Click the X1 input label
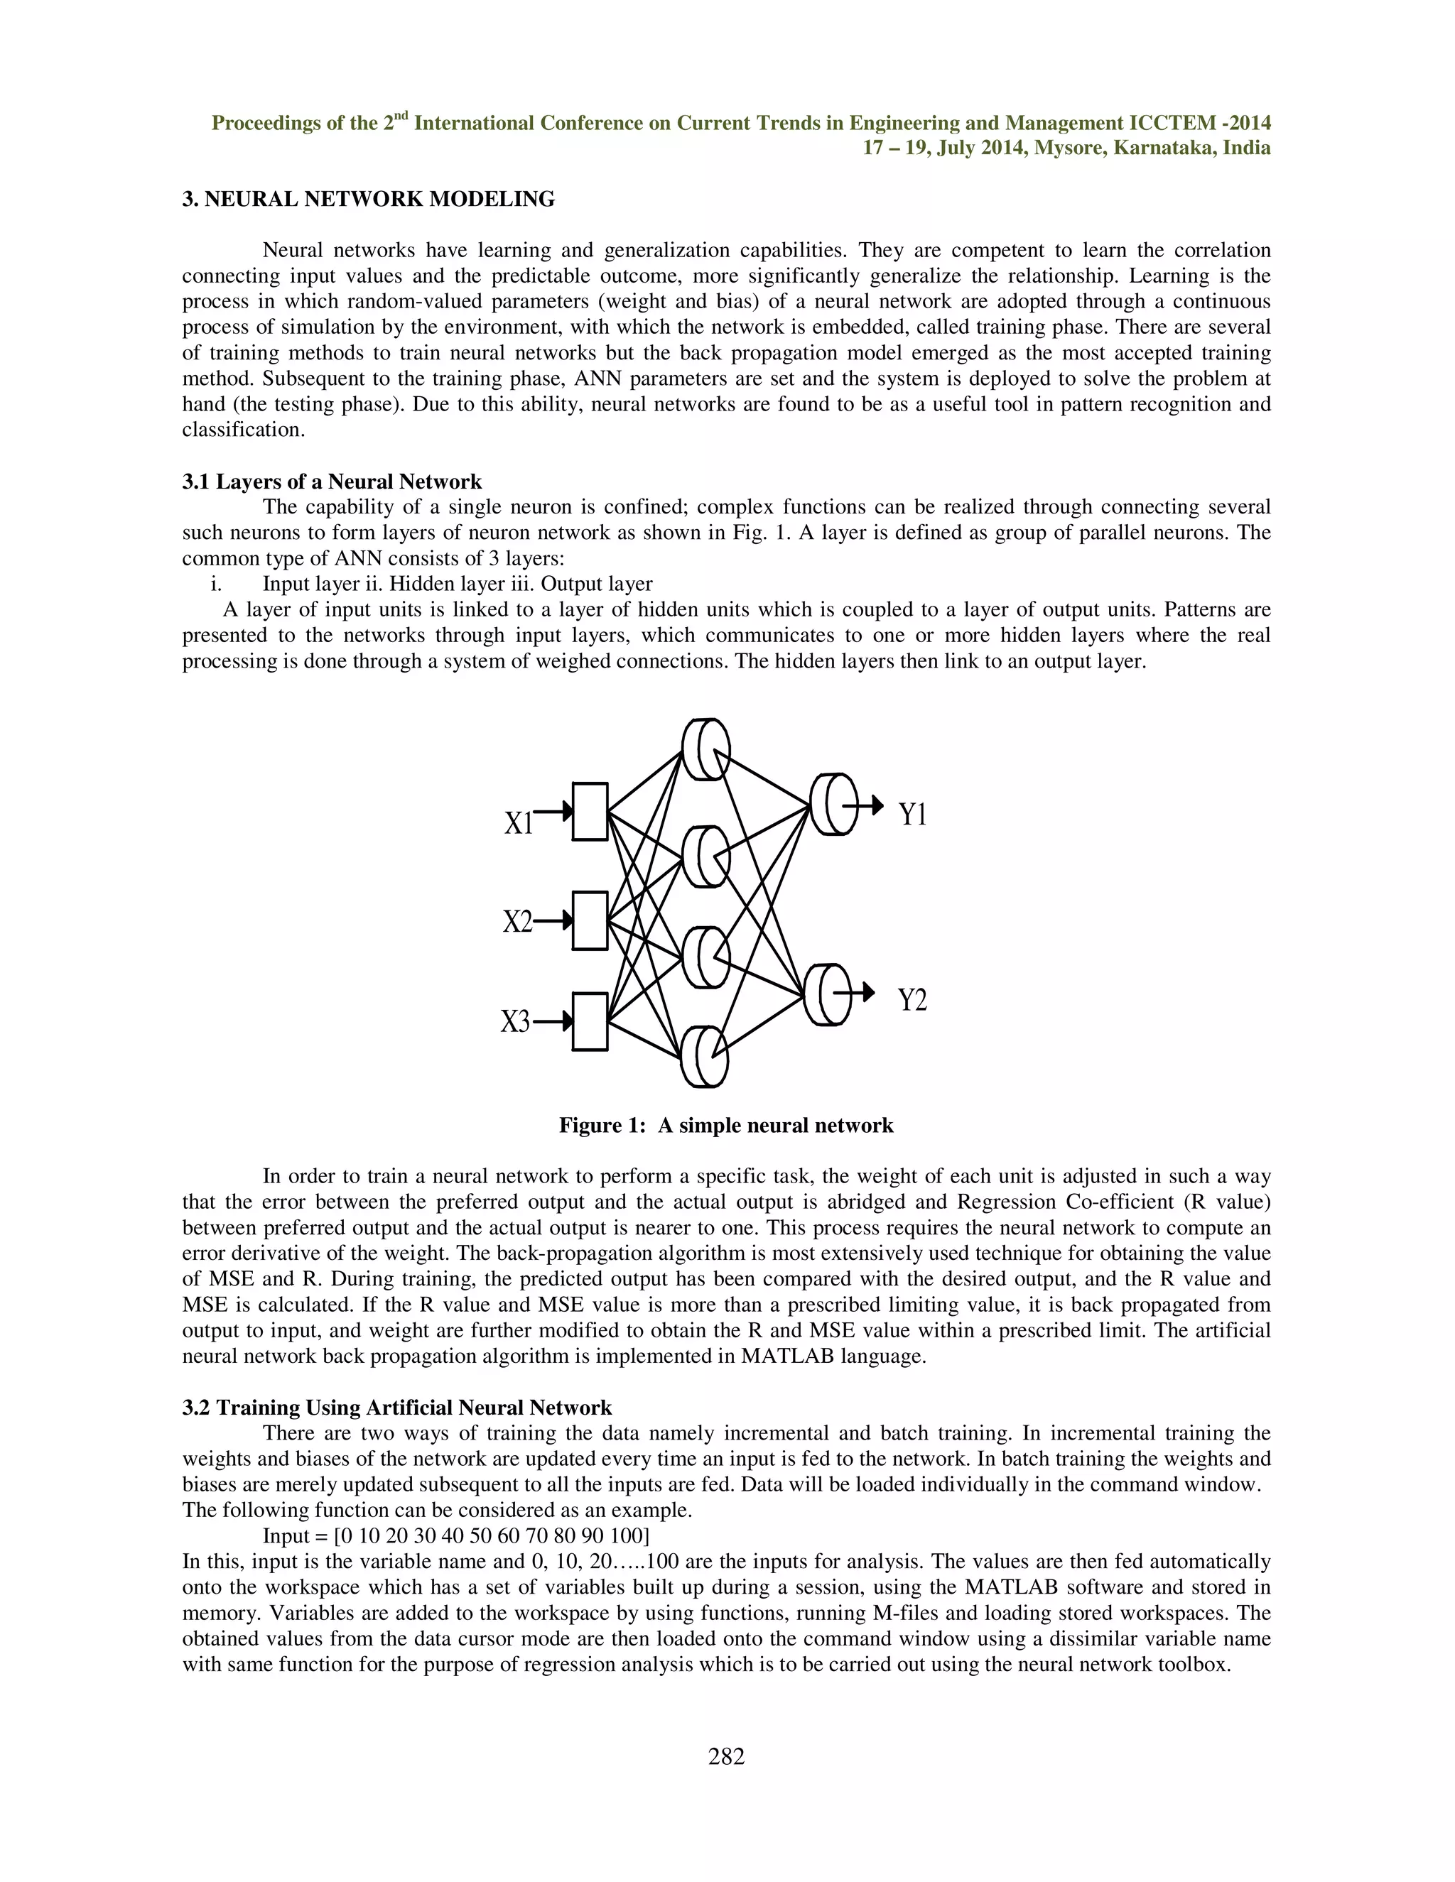(519, 823)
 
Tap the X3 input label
(516, 1022)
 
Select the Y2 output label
(913, 1001)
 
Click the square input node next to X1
(590, 811)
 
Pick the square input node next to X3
(590, 1021)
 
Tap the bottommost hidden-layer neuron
(704, 1057)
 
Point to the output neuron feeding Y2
(826, 994)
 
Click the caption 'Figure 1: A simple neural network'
(726, 1126)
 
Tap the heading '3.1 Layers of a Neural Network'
(332, 481)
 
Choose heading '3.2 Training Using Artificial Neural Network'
(396, 1407)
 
